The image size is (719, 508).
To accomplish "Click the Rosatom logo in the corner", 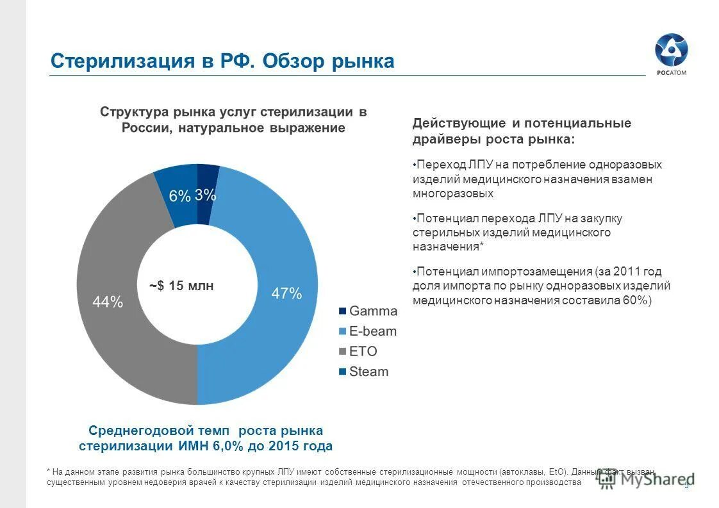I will pyautogui.click(x=670, y=55).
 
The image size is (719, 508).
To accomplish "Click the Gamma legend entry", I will pyautogui.click(x=368, y=311).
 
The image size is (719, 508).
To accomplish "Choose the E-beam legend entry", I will pyautogui.click(x=368, y=331).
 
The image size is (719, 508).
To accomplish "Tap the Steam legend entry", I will pyautogui.click(x=363, y=372).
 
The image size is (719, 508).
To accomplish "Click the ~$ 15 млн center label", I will pyautogui.click(x=181, y=286).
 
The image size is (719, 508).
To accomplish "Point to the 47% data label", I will pyautogui.click(x=286, y=293).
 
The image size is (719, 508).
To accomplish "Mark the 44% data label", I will pyautogui.click(x=108, y=302).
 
